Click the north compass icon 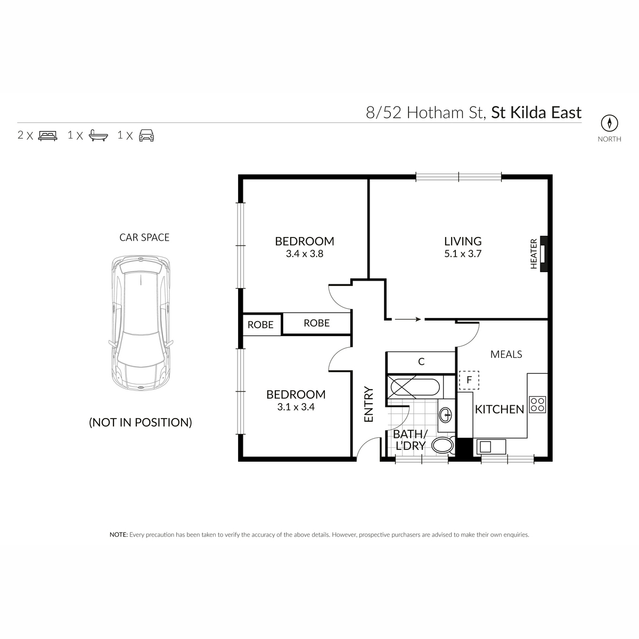coord(609,123)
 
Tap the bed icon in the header coord(47,135)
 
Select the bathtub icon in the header coord(99,135)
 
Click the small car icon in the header coord(146,135)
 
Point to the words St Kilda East coord(536,113)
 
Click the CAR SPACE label coord(144,237)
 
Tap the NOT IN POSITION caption coord(140,422)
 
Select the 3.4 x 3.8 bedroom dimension coord(305,254)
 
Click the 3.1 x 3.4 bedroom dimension coord(296,407)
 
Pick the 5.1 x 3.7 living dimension coord(463,254)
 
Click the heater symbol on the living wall coord(543,254)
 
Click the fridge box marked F coord(469,380)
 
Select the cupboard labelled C coord(421,362)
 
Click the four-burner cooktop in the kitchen coord(537,404)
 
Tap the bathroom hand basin coord(446,414)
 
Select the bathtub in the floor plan coord(415,386)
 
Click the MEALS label coord(506,354)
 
